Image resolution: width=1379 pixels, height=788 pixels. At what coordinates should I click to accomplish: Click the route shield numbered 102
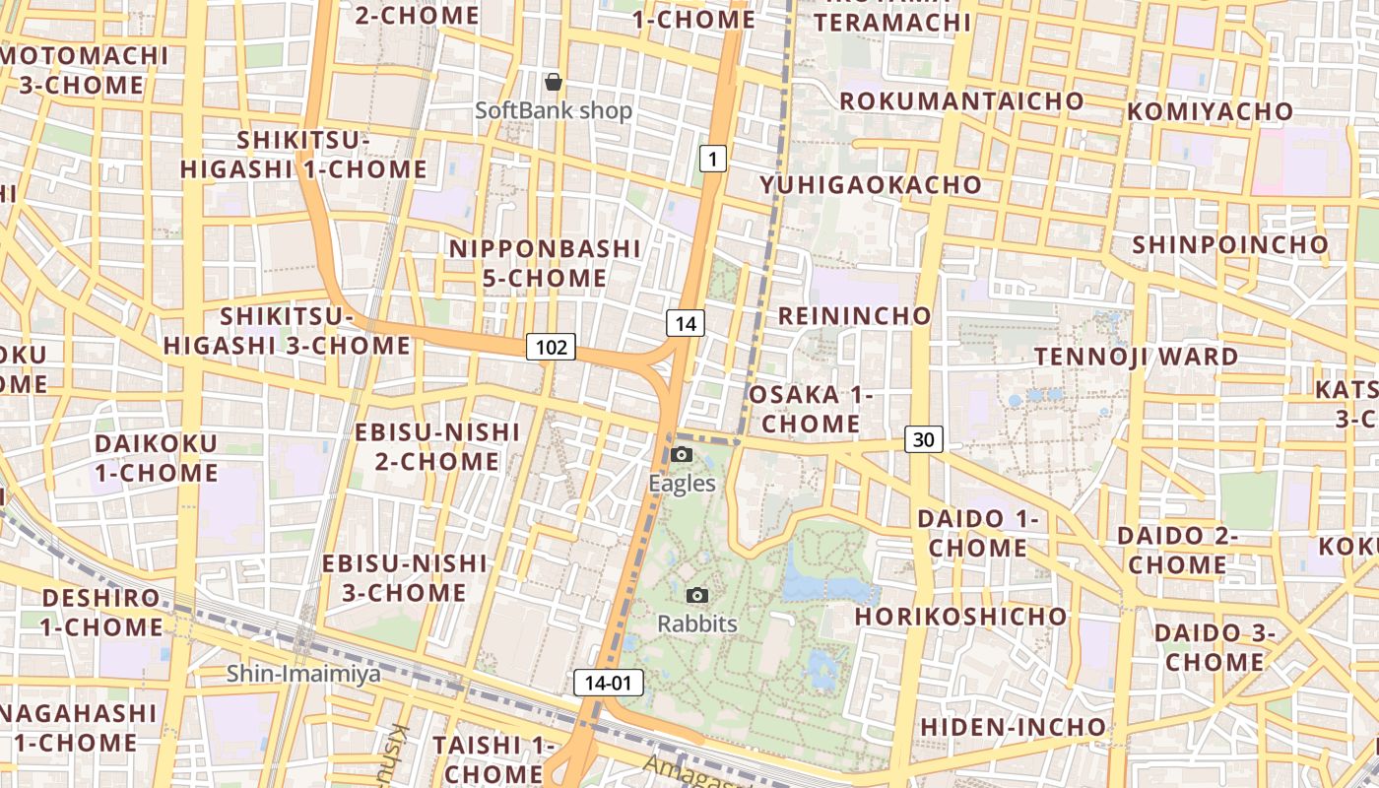(x=552, y=347)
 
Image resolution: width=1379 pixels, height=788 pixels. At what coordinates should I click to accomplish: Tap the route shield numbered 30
(x=923, y=439)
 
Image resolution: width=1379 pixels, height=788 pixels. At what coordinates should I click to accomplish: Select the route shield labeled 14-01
(x=608, y=683)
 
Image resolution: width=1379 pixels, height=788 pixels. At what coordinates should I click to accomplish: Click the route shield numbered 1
(x=713, y=158)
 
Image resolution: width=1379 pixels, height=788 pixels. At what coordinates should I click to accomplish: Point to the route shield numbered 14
(x=686, y=322)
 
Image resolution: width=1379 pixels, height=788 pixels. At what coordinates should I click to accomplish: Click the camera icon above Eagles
(x=682, y=455)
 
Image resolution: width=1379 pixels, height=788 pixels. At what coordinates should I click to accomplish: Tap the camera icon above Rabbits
(x=697, y=595)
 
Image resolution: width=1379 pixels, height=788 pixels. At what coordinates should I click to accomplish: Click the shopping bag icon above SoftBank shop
(x=554, y=82)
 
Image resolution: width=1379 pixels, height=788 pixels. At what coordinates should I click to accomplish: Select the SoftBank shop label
(x=554, y=110)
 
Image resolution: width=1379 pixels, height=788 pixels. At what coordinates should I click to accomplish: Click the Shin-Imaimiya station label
(x=303, y=674)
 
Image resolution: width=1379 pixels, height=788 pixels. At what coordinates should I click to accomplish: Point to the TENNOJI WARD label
(x=1136, y=357)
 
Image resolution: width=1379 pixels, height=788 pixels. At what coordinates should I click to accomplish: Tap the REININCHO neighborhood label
(x=854, y=316)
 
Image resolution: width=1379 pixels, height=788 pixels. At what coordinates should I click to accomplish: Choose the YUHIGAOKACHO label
(x=871, y=185)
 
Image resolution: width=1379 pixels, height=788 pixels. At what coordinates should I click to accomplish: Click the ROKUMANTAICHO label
(x=961, y=101)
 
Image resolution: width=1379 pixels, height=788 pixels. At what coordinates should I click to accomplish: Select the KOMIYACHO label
(x=1210, y=111)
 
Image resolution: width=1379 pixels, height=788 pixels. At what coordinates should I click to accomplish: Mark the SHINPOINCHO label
(x=1230, y=244)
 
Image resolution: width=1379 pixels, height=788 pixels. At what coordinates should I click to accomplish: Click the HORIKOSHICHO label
(x=960, y=617)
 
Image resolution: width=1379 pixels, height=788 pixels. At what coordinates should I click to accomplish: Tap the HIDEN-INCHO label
(x=1013, y=727)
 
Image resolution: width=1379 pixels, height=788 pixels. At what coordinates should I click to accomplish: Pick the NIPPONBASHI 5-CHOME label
(x=545, y=263)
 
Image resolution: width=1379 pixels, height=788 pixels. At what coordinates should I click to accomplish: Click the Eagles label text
(x=682, y=484)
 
